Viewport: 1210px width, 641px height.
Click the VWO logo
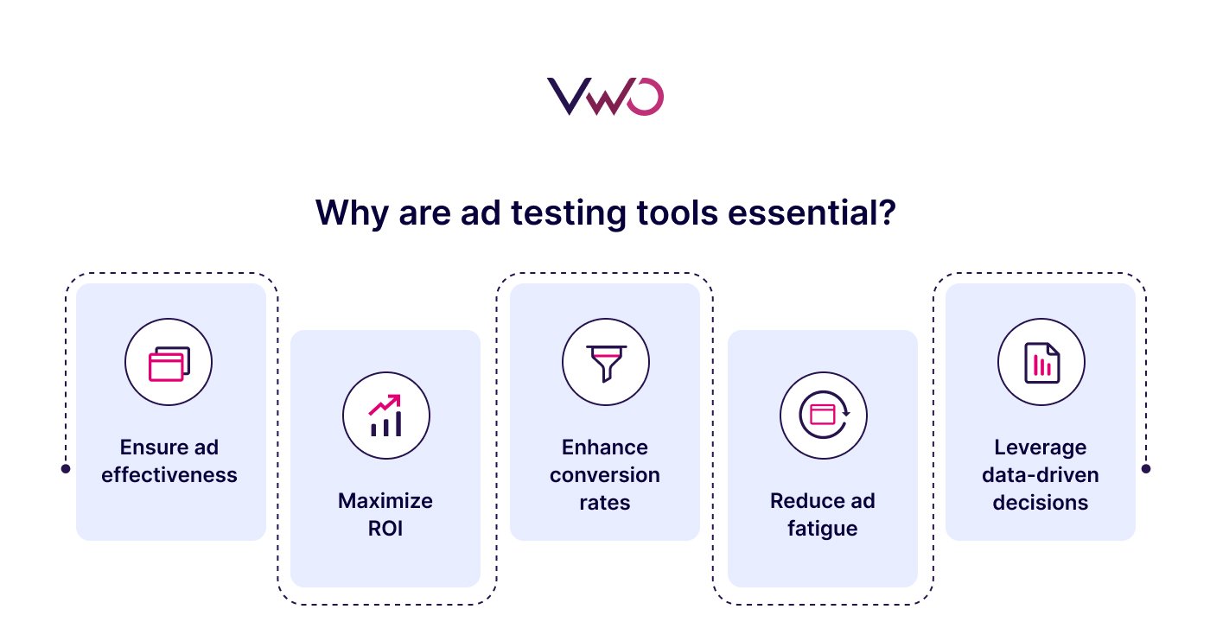coord(605,97)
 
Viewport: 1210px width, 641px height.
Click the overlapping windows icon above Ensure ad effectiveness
coord(169,363)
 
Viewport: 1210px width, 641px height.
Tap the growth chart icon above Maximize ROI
coord(385,416)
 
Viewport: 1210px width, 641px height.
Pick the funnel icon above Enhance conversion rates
coord(605,363)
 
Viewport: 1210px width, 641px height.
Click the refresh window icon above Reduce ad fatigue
coord(823,416)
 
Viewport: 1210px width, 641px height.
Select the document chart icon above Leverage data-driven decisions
coord(1041,363)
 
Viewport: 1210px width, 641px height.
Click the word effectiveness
coord(169,475)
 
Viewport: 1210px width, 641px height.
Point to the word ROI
coord(385,528)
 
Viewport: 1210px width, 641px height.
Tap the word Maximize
coord(385,501)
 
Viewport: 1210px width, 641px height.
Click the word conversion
coord(605,475)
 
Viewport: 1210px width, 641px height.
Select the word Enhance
coord(605,447)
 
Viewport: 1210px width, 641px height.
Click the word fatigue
coord(822,528)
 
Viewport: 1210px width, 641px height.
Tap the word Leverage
coord(1040,447)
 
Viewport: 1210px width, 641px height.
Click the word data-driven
coord(1040,475)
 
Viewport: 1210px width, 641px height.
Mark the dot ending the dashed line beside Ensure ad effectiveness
coord(66,469)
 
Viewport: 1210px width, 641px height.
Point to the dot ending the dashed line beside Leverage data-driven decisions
coord(1146,469)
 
